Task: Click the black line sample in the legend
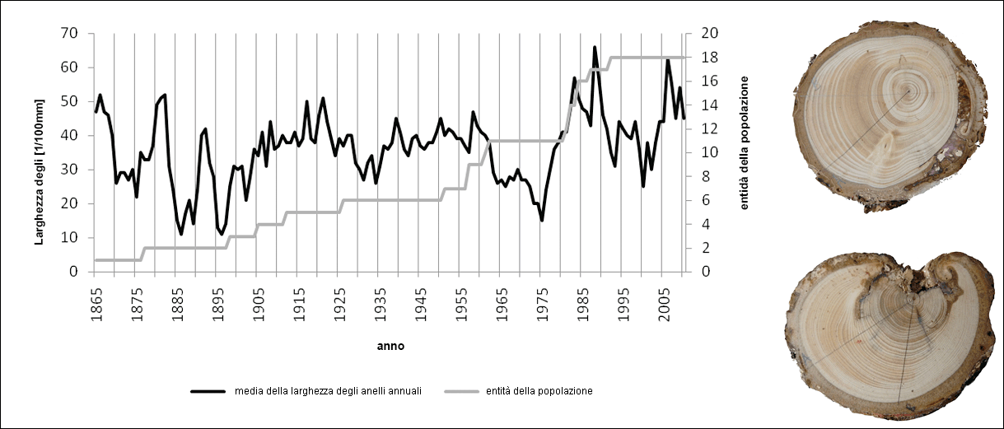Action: click(x=210, y=391)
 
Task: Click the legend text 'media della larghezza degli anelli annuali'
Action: click(x=328, y=391)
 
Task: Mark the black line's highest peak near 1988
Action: click(x=595, y=48)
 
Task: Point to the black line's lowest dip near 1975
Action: click(x=542, y=220)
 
